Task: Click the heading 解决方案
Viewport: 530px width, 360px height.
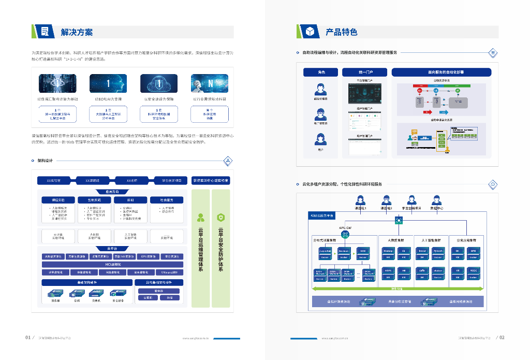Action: coord(77,32)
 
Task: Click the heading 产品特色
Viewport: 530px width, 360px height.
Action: coord(342,32)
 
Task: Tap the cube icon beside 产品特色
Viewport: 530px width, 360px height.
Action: coord(310,32)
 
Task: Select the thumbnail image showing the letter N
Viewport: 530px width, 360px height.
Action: coord(210,83)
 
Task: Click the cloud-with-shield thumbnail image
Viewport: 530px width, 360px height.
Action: coord(159,83)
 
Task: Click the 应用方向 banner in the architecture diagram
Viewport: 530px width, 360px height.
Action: coord(112,191)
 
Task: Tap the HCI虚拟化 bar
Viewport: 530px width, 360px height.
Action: coord(112,264)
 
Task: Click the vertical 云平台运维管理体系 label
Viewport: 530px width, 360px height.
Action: coord(201,249)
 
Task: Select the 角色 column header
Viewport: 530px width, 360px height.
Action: coord(321,73)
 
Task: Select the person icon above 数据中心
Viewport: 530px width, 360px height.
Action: coord(436,199)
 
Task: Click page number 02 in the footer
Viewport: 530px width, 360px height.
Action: coord(502,337)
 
